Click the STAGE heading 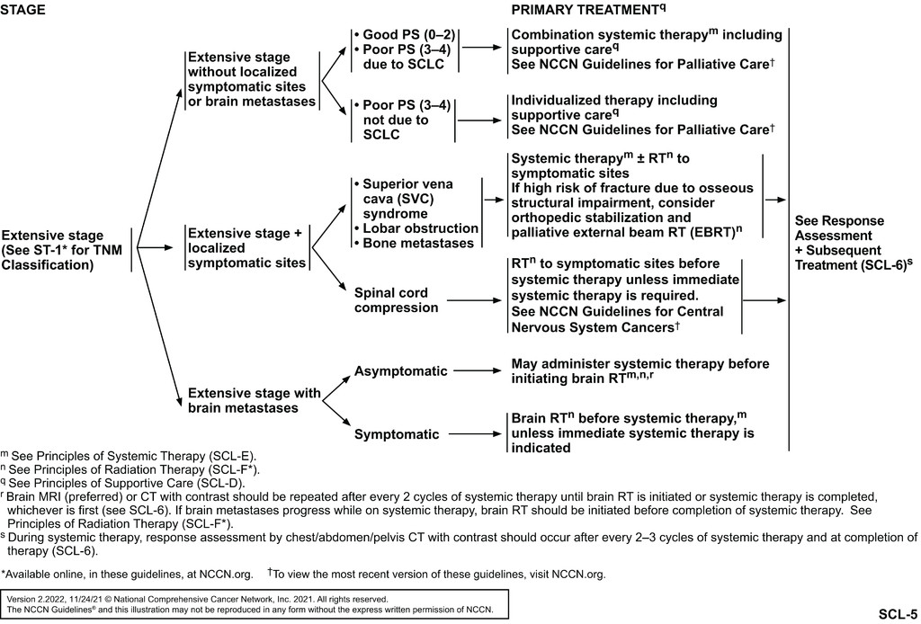pos(22,9)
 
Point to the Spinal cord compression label pos(397,300)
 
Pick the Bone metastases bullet pos(415,244)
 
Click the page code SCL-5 pos(898,615)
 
